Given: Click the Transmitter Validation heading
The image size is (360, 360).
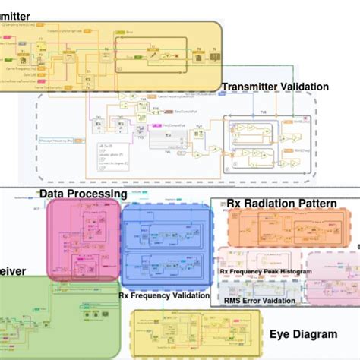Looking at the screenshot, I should (274, 87).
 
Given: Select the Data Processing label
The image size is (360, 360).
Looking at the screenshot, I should (83, 194).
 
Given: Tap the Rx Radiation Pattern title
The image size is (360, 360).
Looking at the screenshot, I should (281, 203).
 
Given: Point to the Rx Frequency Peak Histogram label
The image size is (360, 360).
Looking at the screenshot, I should (265, 271).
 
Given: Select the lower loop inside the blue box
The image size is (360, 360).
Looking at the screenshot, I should (165, 266).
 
